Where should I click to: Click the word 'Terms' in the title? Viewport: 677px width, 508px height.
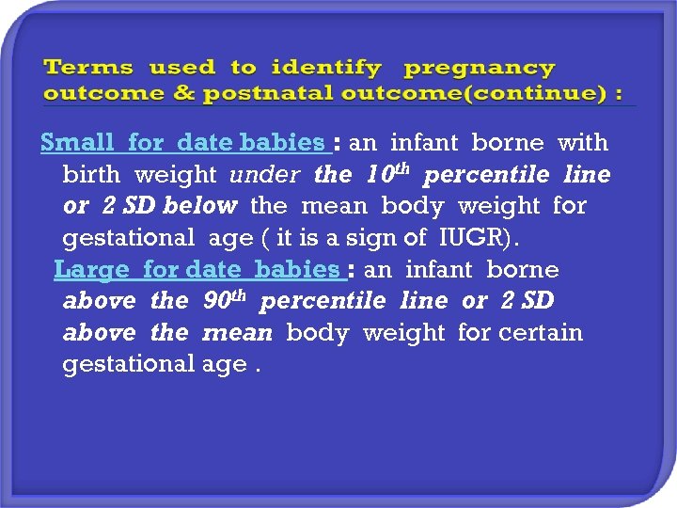88,69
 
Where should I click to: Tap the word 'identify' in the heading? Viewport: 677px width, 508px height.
326,69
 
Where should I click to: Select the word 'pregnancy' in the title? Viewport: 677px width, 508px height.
480,69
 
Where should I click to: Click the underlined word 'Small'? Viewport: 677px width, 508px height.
78,143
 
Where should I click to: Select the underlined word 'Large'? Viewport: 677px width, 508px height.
91,270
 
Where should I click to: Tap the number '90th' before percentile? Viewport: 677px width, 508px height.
226,300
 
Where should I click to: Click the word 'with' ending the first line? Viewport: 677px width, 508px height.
583,143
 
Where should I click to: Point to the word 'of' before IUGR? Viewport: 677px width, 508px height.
419,238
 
